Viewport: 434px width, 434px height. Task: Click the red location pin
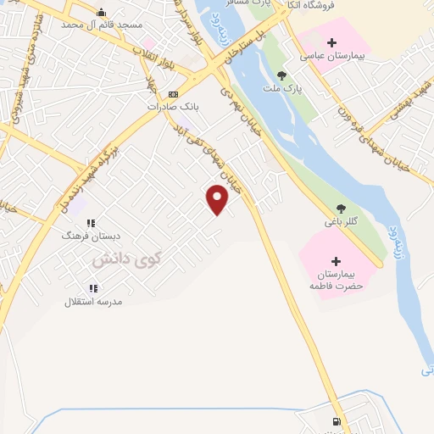click(x=218, y=199)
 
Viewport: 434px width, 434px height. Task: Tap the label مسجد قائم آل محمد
click(x=101, y=25)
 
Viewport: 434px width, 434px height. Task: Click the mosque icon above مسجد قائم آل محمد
click(x=102, y=12)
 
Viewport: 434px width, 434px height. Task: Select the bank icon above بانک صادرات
click(x=174, y=94)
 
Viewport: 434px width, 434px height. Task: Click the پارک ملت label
click(x=294, y=88)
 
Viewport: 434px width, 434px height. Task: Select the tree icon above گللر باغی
click(x=342, y=209)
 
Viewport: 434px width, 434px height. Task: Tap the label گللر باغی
click(x=342, y=222)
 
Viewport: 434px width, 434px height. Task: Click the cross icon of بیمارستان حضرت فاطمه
click(x=336, y=261)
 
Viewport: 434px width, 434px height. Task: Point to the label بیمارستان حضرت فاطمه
click(x=336, y=281)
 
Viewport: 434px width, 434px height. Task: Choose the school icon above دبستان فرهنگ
click(x=91, y=223)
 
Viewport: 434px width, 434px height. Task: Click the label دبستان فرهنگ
click(x=86, y=236)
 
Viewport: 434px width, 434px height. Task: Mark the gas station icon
click(x=337, y=422)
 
